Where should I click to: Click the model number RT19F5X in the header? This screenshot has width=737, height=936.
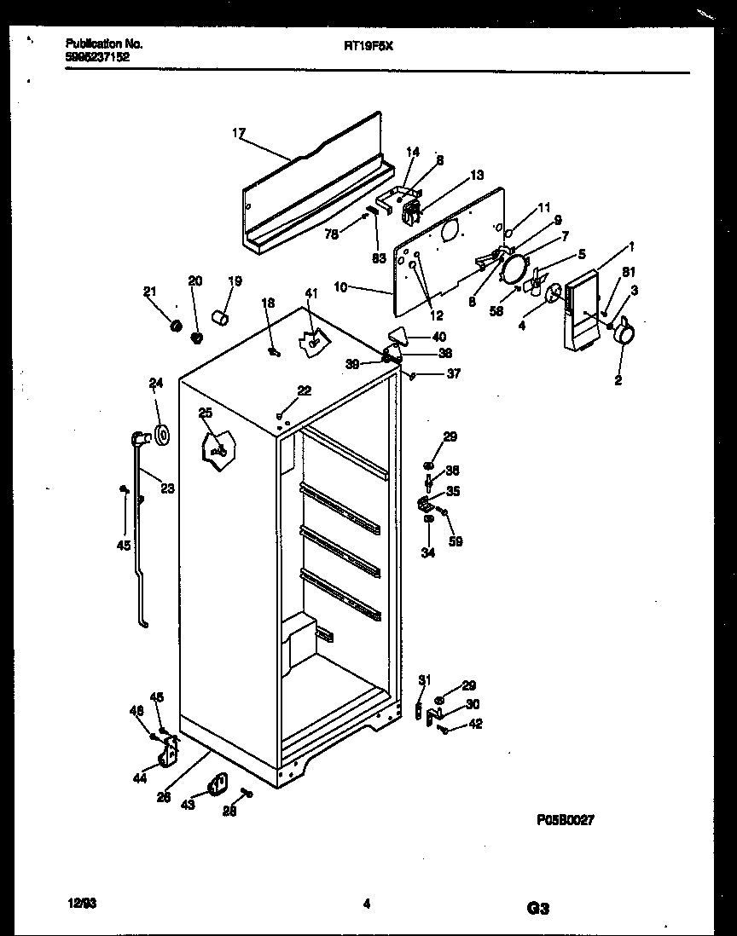click(x=368, y=49)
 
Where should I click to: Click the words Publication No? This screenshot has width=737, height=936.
click(x=103, y=43)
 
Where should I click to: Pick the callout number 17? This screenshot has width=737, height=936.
click(x=238, y=133)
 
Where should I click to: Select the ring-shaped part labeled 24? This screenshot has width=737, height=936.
click(x=161, y=436)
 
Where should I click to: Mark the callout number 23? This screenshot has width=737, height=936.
click(x=167, y=489)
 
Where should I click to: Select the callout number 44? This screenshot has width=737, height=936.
click(x=139, y=778)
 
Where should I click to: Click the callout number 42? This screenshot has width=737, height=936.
click(x=475, y=725)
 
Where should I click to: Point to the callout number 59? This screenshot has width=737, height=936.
click(x=456, y=540)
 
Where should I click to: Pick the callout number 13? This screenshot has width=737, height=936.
click(x=476, y=175)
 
